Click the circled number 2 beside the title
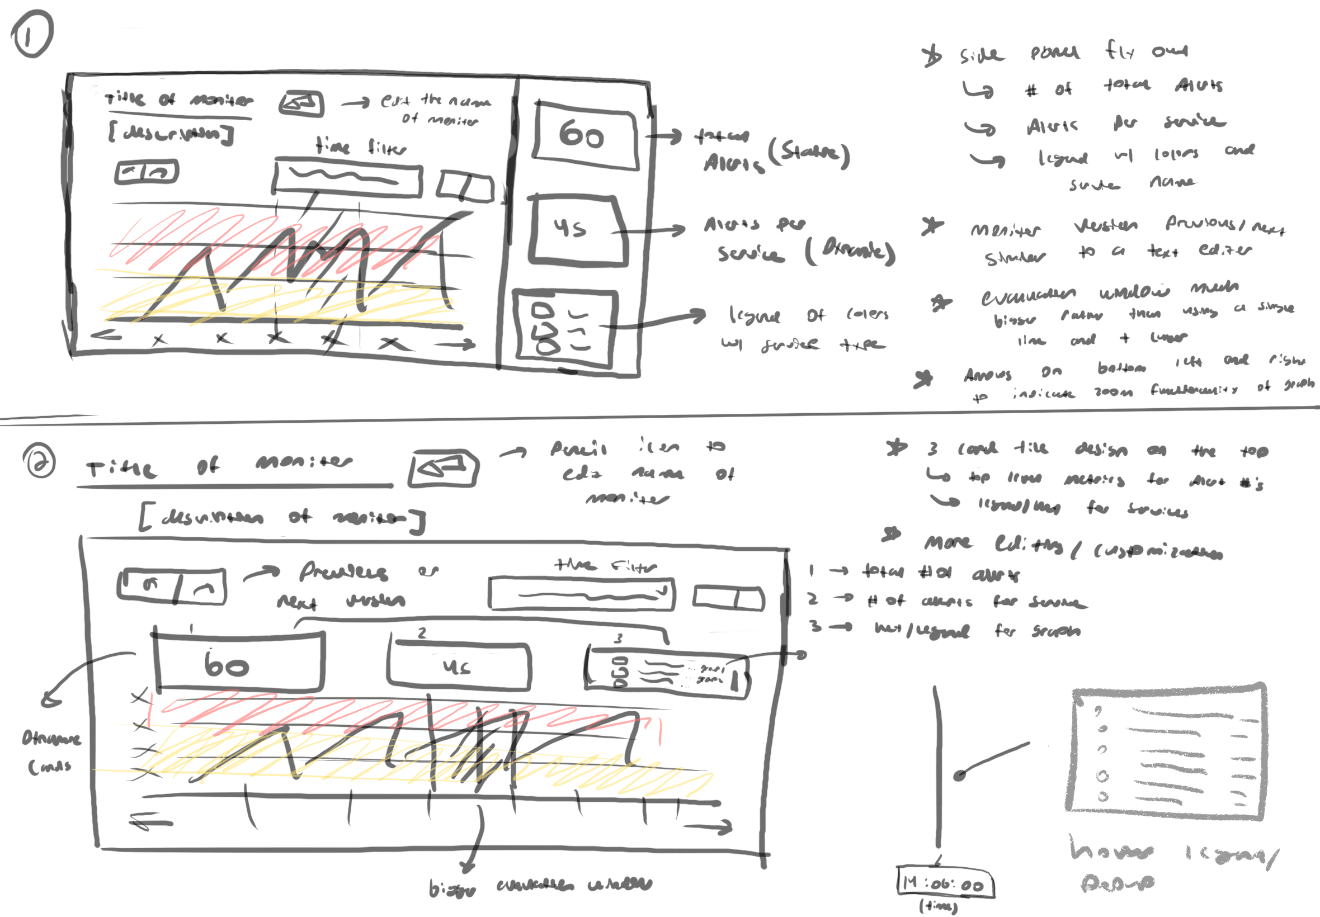[39, 462]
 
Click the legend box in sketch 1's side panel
[565, 329]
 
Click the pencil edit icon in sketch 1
[301, 104]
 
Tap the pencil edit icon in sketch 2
[443, 468]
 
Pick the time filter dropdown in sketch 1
[347, 179]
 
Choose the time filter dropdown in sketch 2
[581, 593]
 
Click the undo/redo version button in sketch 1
[147, 172]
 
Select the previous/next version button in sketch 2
[172, 586]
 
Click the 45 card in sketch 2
[458, 665]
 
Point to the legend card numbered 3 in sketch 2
[666, 672]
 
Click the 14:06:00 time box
[945, 883]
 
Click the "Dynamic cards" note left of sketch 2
[50, 751]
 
